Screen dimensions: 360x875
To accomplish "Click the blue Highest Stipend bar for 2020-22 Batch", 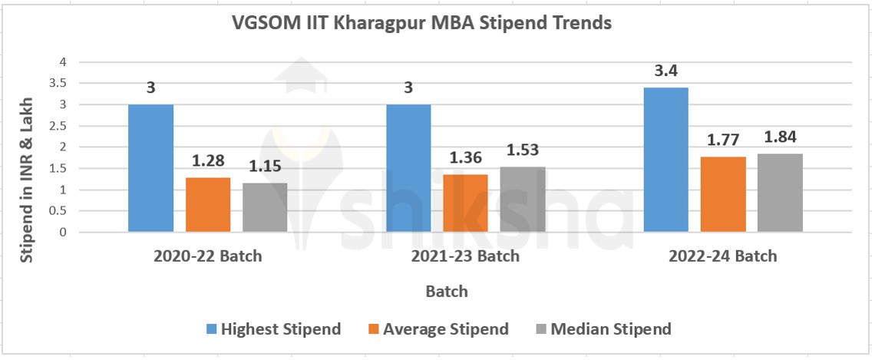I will pyautogui.click(x=150, y=168).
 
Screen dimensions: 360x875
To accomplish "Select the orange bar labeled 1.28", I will pyautogui.click(x=208, y=205).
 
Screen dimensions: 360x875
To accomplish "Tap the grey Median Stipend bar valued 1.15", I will pyautogui.click(x=265, y=207).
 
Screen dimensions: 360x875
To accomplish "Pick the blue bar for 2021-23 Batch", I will pyautogui.click(x=408, y=168).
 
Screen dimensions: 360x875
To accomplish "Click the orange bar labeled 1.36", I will pyautogui.click(x=466, y=203).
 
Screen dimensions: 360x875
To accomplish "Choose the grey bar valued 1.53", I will pyautogui.click(x=523, y=200).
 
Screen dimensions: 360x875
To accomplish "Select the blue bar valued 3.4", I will pyautogui.click(x=665, y=160).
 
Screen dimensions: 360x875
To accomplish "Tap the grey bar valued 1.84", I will pyautogui.click(x=780, y=193).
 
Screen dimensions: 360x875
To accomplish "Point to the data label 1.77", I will pyautogui.click(x=723, y=141).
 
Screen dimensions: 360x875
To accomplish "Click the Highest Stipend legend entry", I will pyautogui.click(x=273, y=329).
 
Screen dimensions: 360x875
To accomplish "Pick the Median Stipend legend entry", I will pyautogui.click(x=603, y=329).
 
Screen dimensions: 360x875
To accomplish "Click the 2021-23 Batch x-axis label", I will pyautogui.click(x=466, y=256).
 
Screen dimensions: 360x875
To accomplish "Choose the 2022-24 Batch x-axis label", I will pyautogui.click(x=723, y=256).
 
